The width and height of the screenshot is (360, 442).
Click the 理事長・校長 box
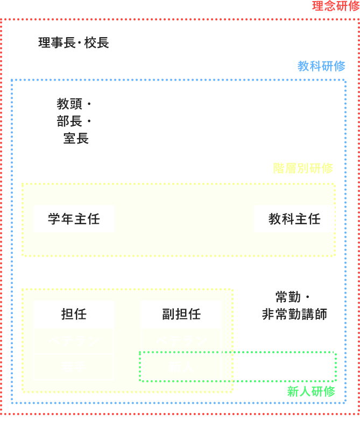73,42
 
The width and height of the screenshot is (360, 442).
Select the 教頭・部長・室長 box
73,121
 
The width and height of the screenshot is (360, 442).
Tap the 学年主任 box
73,219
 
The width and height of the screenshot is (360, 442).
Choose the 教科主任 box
294,219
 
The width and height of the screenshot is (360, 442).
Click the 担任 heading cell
74,314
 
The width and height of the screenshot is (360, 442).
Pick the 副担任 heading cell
181,314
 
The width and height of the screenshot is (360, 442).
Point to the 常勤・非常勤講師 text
294,305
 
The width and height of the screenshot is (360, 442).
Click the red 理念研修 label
336,6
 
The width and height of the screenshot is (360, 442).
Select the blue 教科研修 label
321,66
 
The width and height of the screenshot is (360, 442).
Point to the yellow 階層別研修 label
303,168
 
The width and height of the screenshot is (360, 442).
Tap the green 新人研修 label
310,391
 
